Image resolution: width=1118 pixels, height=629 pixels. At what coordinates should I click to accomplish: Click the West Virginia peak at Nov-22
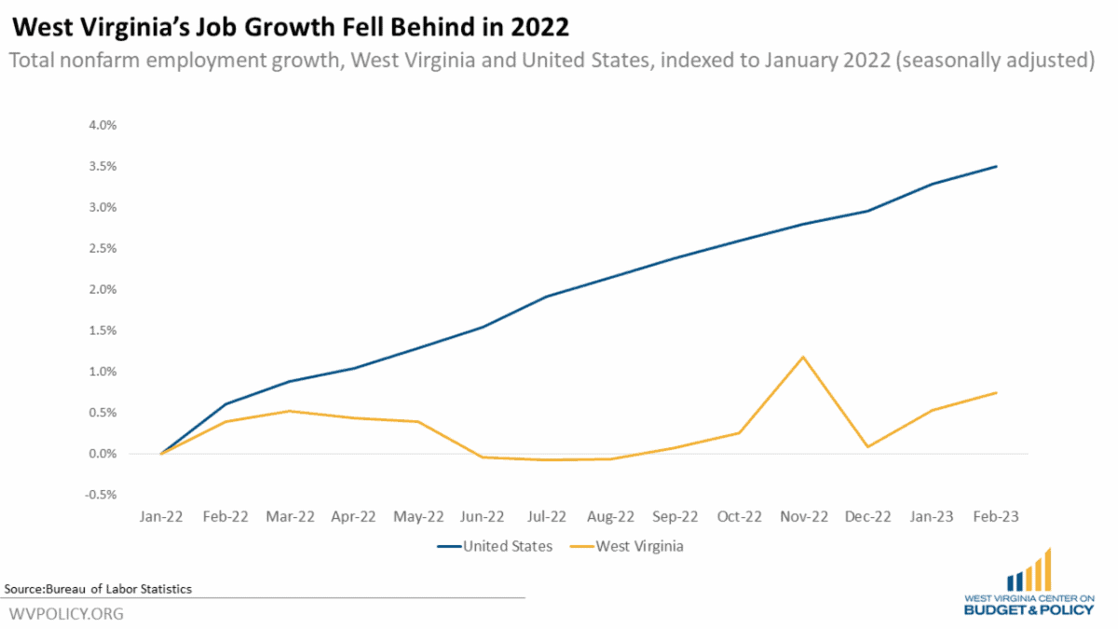click(x=802, y=357)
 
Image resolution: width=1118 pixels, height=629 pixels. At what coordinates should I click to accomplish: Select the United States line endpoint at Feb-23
click(x=997, y=167)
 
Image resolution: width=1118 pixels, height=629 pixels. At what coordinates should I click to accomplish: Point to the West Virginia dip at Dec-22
click(x=867, y=446)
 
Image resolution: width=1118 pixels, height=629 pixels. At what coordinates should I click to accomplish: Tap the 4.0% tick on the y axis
click(x=103, y=125)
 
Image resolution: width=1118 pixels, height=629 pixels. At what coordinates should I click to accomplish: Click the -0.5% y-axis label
click(x=102, y=495)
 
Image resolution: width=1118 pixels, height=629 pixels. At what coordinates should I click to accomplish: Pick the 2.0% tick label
click(x=103, y=290)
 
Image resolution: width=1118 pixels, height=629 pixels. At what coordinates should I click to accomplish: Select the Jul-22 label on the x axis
click(x=547, y=517)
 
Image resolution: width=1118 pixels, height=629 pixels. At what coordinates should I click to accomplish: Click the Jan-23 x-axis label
click(x=932, y=517)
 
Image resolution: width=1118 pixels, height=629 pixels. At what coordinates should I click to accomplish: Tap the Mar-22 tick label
click(x=290, y=517)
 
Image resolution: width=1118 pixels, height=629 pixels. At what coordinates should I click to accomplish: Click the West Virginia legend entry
click(x=639, y=546)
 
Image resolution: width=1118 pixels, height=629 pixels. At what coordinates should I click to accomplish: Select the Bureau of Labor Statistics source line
click(x=98, y=589)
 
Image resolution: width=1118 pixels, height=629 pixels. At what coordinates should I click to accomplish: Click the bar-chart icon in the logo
click(x=1029, y=570)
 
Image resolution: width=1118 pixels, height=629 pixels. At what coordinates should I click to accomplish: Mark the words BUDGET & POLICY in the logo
click(x=1029, y=610)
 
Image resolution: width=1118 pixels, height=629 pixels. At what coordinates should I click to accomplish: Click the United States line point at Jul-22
click(x=547, y=296)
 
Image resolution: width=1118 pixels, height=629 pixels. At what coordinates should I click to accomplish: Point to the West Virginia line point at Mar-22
click(x=290, y=411)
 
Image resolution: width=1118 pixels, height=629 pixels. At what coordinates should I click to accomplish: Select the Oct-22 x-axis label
click(x=739, y=517)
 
